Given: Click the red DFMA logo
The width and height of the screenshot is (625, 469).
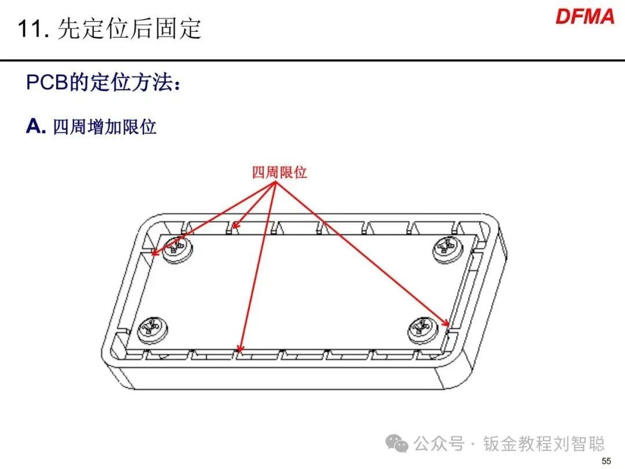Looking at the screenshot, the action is click(584, 17).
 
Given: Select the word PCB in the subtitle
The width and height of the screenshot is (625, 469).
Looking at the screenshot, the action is click(46, 83).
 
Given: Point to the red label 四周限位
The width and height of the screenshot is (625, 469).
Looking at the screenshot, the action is click(280, 173).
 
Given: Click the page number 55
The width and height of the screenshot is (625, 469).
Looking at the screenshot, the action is click(606, 461).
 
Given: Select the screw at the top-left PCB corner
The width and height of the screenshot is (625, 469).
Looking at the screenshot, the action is click(178, 249).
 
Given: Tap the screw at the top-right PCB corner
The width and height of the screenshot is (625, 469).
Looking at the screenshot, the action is click(448, 249).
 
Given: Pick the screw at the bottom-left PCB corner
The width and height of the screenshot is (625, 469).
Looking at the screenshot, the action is click(152, 330).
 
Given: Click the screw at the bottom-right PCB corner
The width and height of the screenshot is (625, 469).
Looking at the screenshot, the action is click(422, 329).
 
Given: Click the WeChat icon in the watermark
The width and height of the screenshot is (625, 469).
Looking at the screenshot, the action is click(397, 444).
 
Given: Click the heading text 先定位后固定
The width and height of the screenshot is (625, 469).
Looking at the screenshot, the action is click(129, 29).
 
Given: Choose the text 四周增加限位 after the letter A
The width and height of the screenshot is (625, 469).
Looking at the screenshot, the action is click(104, 127).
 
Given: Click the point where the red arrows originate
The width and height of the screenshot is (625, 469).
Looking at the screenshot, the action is click(276, 182).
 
